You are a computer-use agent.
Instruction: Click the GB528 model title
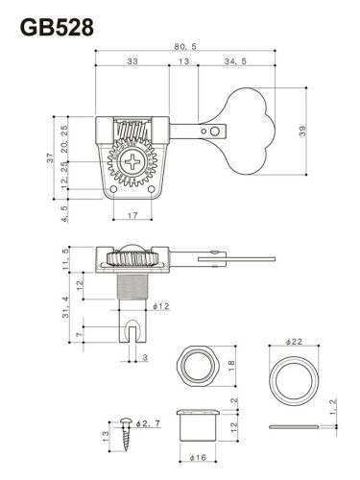coord(57,28)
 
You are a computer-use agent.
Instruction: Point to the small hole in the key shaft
coord(217,127)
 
